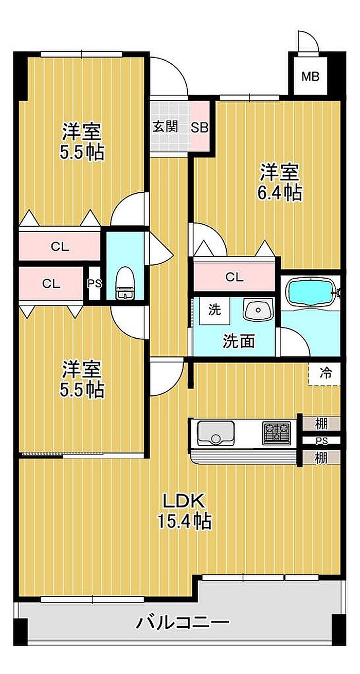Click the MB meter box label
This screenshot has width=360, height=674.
point(310,77)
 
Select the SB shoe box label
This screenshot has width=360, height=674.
point(200,127)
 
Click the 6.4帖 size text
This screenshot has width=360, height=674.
point(280,193)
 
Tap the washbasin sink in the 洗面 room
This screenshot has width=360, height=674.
point(259,309)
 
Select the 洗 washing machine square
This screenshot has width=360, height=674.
point(214,310)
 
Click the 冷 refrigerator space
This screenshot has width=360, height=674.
point(325,373)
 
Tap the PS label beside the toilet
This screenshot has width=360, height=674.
point(95,284)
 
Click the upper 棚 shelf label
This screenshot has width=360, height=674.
point(321,424)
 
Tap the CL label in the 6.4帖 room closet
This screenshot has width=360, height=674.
point(235,277)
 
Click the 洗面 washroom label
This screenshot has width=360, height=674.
point(239,341)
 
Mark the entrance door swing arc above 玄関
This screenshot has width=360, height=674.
point(177,70)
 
